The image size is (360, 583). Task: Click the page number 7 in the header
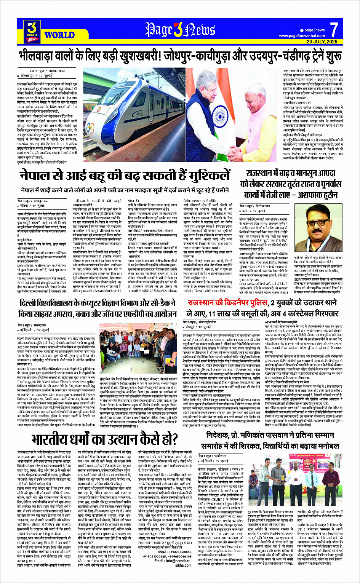334,29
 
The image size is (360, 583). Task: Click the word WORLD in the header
59,35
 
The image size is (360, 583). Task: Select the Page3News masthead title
179,30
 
